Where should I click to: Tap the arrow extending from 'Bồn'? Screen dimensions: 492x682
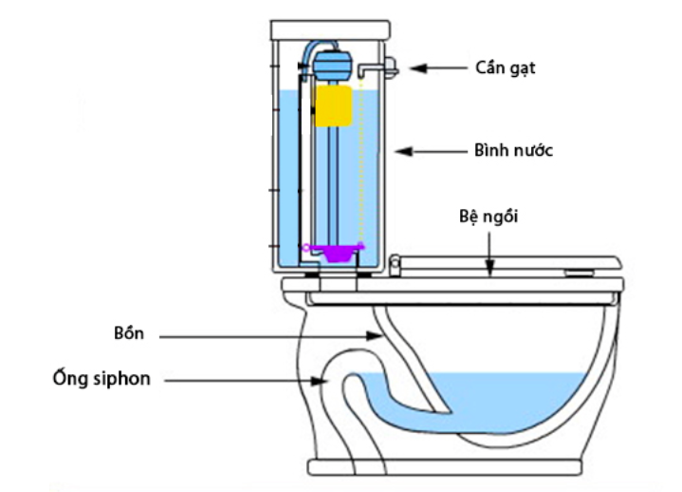point(275,335)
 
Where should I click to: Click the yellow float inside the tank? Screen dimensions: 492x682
point(334,106)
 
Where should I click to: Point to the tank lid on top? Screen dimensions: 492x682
point(330,28)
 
